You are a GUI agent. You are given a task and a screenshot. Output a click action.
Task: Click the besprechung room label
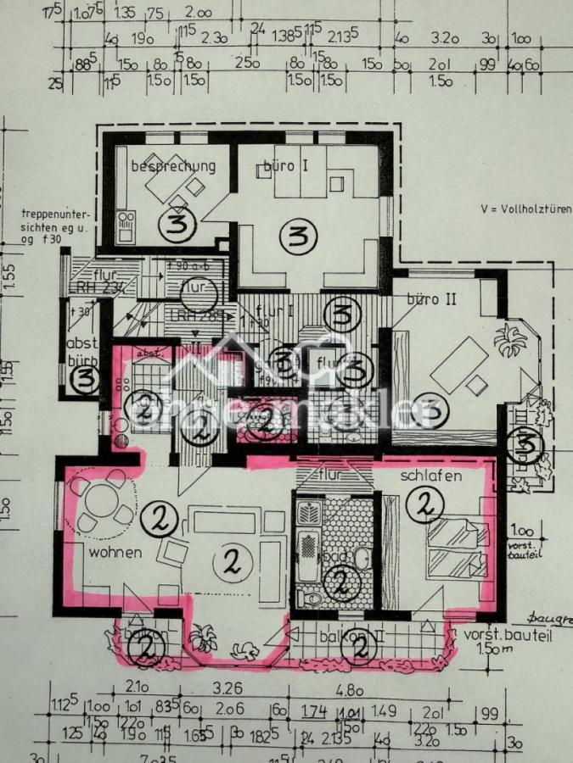[172, 166]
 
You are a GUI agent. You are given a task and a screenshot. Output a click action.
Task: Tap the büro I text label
[284, 165]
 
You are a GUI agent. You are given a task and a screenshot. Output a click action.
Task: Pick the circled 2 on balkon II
[360, 649]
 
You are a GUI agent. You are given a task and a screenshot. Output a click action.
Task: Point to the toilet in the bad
[312, 598]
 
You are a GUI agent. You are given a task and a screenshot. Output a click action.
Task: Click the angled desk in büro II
[459, 365]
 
